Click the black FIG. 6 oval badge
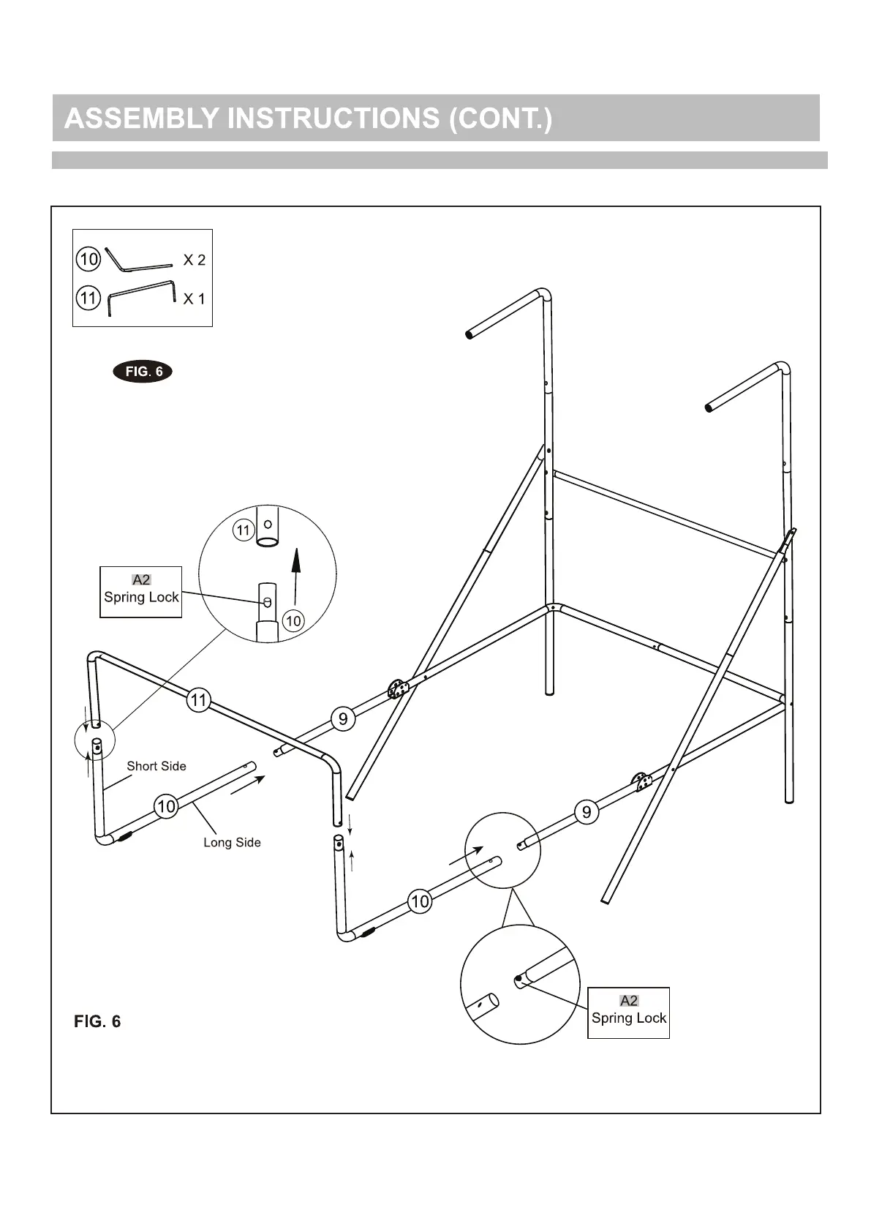[x=143, y=372]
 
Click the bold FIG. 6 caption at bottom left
[x=97, y=1021]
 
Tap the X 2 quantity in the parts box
[x=194, y=260]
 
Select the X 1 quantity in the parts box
[x=194, y=298]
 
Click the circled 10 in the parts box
[x=88, y=259]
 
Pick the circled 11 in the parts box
[x=88, y=298]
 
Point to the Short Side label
[x=157, y=766]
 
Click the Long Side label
[x=232, y=842]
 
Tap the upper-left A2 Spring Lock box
[x=141, y=591]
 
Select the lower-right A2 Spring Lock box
[x=629, y=1012]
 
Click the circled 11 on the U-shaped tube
[x=199, y=700]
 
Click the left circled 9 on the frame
[x=343, y=718]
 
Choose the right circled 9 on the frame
[x=587, y=811]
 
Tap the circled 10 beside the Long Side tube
[x=167, y=806]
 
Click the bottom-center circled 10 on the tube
[x=420, y=901]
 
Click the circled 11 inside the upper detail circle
[x=244, y=530]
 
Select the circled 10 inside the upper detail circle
[x=293, y=621]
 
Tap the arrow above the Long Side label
[x=248, y=785]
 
